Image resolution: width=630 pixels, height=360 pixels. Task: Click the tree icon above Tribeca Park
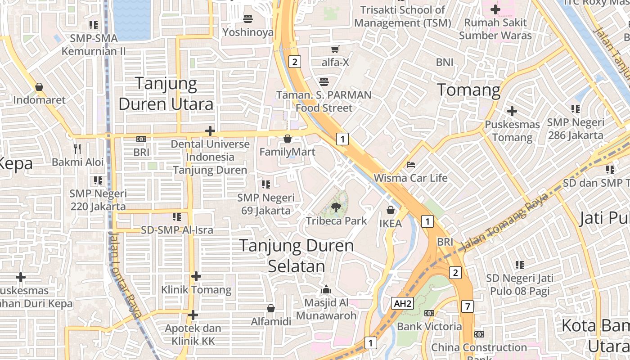tap(335, 207)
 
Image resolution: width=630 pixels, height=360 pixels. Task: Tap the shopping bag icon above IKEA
tap(391, 210)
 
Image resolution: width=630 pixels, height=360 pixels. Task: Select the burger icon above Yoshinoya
tap(247, 18)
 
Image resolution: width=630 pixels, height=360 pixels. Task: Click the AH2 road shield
tap(402, 304)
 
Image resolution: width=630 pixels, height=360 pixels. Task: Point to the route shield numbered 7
tap(468, 307)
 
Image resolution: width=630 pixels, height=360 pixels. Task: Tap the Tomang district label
tap(468, 90)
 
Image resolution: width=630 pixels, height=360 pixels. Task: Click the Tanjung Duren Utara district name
tap(166, 94)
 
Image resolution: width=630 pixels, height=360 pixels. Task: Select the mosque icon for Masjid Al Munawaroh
tap(326, 289)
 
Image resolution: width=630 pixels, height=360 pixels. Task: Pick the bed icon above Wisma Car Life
tap(410, 165)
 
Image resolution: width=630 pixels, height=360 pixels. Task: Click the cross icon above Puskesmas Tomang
tap(512, 111)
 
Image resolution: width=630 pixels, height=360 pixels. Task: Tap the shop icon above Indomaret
tap(39, 87)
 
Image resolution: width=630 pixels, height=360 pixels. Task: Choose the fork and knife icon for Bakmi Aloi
tap(77, 148)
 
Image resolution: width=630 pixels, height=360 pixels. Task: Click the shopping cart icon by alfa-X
tap(335, 49)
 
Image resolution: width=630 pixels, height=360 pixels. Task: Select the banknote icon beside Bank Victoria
tap(429, 313)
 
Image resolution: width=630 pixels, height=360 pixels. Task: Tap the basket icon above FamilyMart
tap(288, 139)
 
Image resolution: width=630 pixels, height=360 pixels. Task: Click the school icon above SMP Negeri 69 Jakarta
tap(266, 184)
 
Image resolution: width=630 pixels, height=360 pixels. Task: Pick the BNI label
tap(445, 62)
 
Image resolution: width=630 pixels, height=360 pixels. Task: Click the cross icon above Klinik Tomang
tap(196, 276)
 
